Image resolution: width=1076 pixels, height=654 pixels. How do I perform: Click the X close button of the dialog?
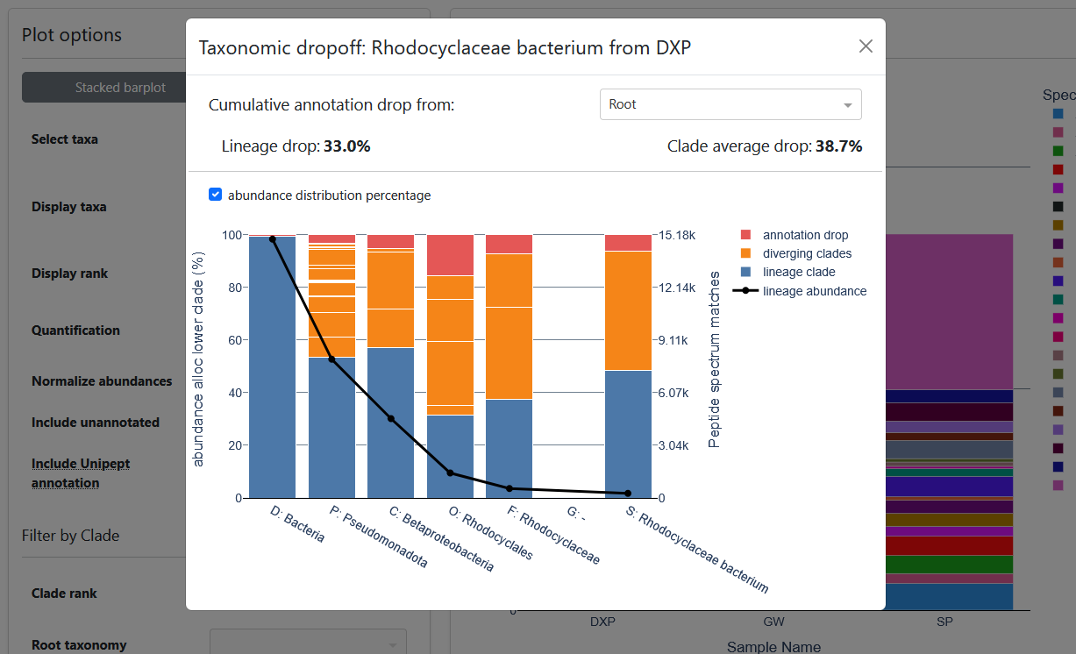click(866, 46)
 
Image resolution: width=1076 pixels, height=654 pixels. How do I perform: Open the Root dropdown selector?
click(730, 104)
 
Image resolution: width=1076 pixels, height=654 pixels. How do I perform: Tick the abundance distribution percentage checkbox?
click(216, 195)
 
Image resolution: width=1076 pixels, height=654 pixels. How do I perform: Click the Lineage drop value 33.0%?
click(346, 146)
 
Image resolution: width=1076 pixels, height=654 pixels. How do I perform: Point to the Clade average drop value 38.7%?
click(838, 146)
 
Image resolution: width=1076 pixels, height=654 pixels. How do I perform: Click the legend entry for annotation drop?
click(805, 235)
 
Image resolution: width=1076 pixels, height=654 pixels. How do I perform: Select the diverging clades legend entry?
click(807, 253)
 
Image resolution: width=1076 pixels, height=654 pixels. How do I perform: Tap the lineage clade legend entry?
click(799, 272)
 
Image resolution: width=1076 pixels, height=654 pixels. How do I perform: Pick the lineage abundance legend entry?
click(814, 291)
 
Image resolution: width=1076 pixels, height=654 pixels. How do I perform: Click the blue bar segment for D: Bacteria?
click(272, 368)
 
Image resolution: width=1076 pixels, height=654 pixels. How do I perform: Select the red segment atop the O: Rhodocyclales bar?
click(450, 255)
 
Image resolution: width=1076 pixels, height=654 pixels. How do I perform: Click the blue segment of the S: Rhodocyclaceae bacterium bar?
click(628, 434)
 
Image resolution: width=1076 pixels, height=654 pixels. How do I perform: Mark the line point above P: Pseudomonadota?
click(331, 359)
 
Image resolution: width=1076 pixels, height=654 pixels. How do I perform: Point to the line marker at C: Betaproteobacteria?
click(391, 419)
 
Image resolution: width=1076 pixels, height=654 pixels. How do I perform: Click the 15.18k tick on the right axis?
click(677, 235)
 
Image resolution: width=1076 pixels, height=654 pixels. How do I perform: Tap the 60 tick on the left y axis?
click(232, 340)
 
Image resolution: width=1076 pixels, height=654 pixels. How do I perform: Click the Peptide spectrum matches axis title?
click(714, 359)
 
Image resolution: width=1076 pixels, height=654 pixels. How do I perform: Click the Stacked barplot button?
click(120, 88)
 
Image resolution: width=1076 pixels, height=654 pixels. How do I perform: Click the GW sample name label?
click(773, 622)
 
